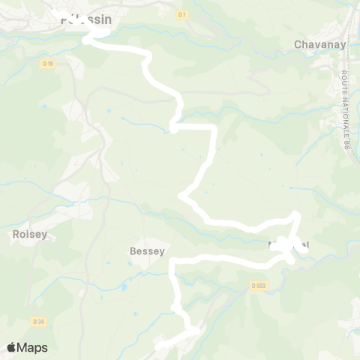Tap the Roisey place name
tap(31, 234)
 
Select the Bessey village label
tap(147, 251)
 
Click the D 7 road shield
tap(182, 15)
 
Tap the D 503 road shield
tap(259, 285)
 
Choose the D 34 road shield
tap(39, 322)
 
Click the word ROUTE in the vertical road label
tap(346, 83)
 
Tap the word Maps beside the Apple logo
tap(33, 347)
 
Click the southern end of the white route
tap(159, 347)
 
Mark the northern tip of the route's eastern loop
tap(297, 216)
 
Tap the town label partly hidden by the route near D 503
tap(289, 245)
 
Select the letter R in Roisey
tap(16, 234)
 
